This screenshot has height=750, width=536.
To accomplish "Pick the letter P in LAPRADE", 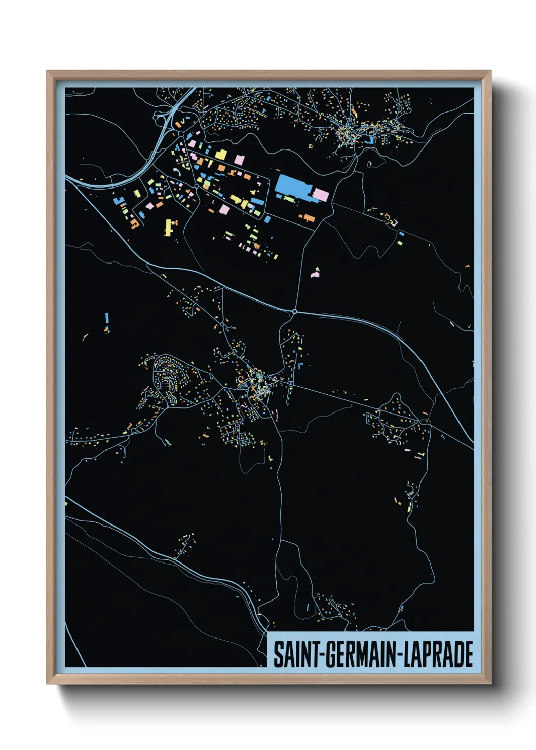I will tap(427, 654).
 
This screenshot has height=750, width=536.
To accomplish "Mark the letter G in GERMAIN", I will tap(330, 654).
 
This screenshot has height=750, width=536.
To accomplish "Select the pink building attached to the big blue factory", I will tap(321, 194).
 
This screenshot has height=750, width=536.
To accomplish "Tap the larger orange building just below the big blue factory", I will tap(309, 218).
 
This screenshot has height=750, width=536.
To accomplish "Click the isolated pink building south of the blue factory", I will tap(316, 274).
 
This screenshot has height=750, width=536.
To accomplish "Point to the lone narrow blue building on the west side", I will tap(107, 318).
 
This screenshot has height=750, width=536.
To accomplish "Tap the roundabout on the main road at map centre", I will tap(294, 311).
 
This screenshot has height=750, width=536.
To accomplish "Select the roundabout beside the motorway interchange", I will tap(181, 133).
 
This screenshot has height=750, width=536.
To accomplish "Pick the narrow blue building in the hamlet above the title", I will tap(308, 607).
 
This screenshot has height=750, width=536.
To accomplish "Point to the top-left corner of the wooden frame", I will tap(47, 71).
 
